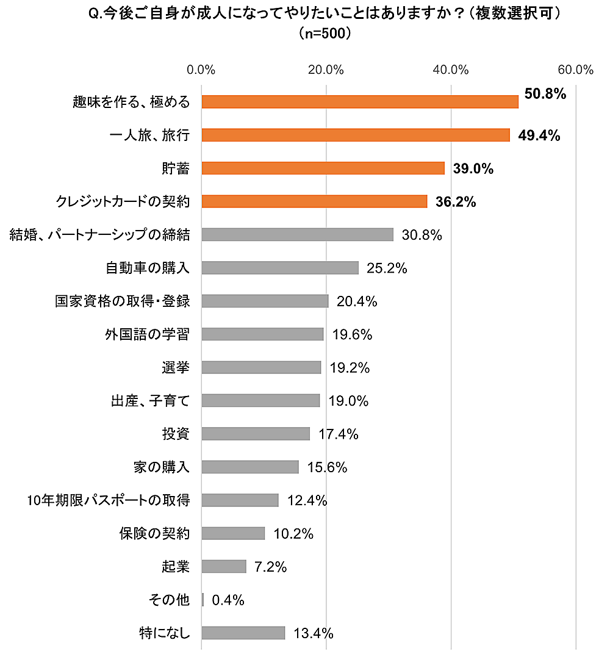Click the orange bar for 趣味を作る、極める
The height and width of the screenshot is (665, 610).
click(360, 102)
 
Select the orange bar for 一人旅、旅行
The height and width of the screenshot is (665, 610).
click(356, 135)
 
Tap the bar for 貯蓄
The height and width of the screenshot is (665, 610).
click(323, 168)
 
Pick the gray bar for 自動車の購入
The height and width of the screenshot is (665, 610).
click(280, 268)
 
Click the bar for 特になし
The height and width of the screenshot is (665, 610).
click(243, 633)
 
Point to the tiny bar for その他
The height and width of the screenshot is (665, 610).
click(203, 600)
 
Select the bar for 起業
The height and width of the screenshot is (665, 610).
click(224, 567)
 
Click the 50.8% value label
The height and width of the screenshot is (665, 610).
click(545, 94)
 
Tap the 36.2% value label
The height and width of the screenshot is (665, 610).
click(455, 202)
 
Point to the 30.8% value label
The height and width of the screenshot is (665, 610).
click(422, 235)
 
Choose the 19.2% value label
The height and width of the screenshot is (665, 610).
click(349, 368)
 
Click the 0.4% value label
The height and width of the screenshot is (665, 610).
click(228, 600)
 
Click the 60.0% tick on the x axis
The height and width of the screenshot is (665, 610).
click(576, 70)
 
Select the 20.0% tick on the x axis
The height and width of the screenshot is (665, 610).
click(326, 70)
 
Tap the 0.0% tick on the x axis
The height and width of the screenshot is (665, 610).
click(201, 70)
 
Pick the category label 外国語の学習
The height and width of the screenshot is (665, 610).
click(147, 334)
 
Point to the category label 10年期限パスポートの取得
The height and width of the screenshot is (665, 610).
click(109, 501)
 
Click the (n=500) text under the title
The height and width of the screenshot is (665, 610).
click(325, 34)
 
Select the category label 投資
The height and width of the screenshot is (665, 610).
click(176, 434)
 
